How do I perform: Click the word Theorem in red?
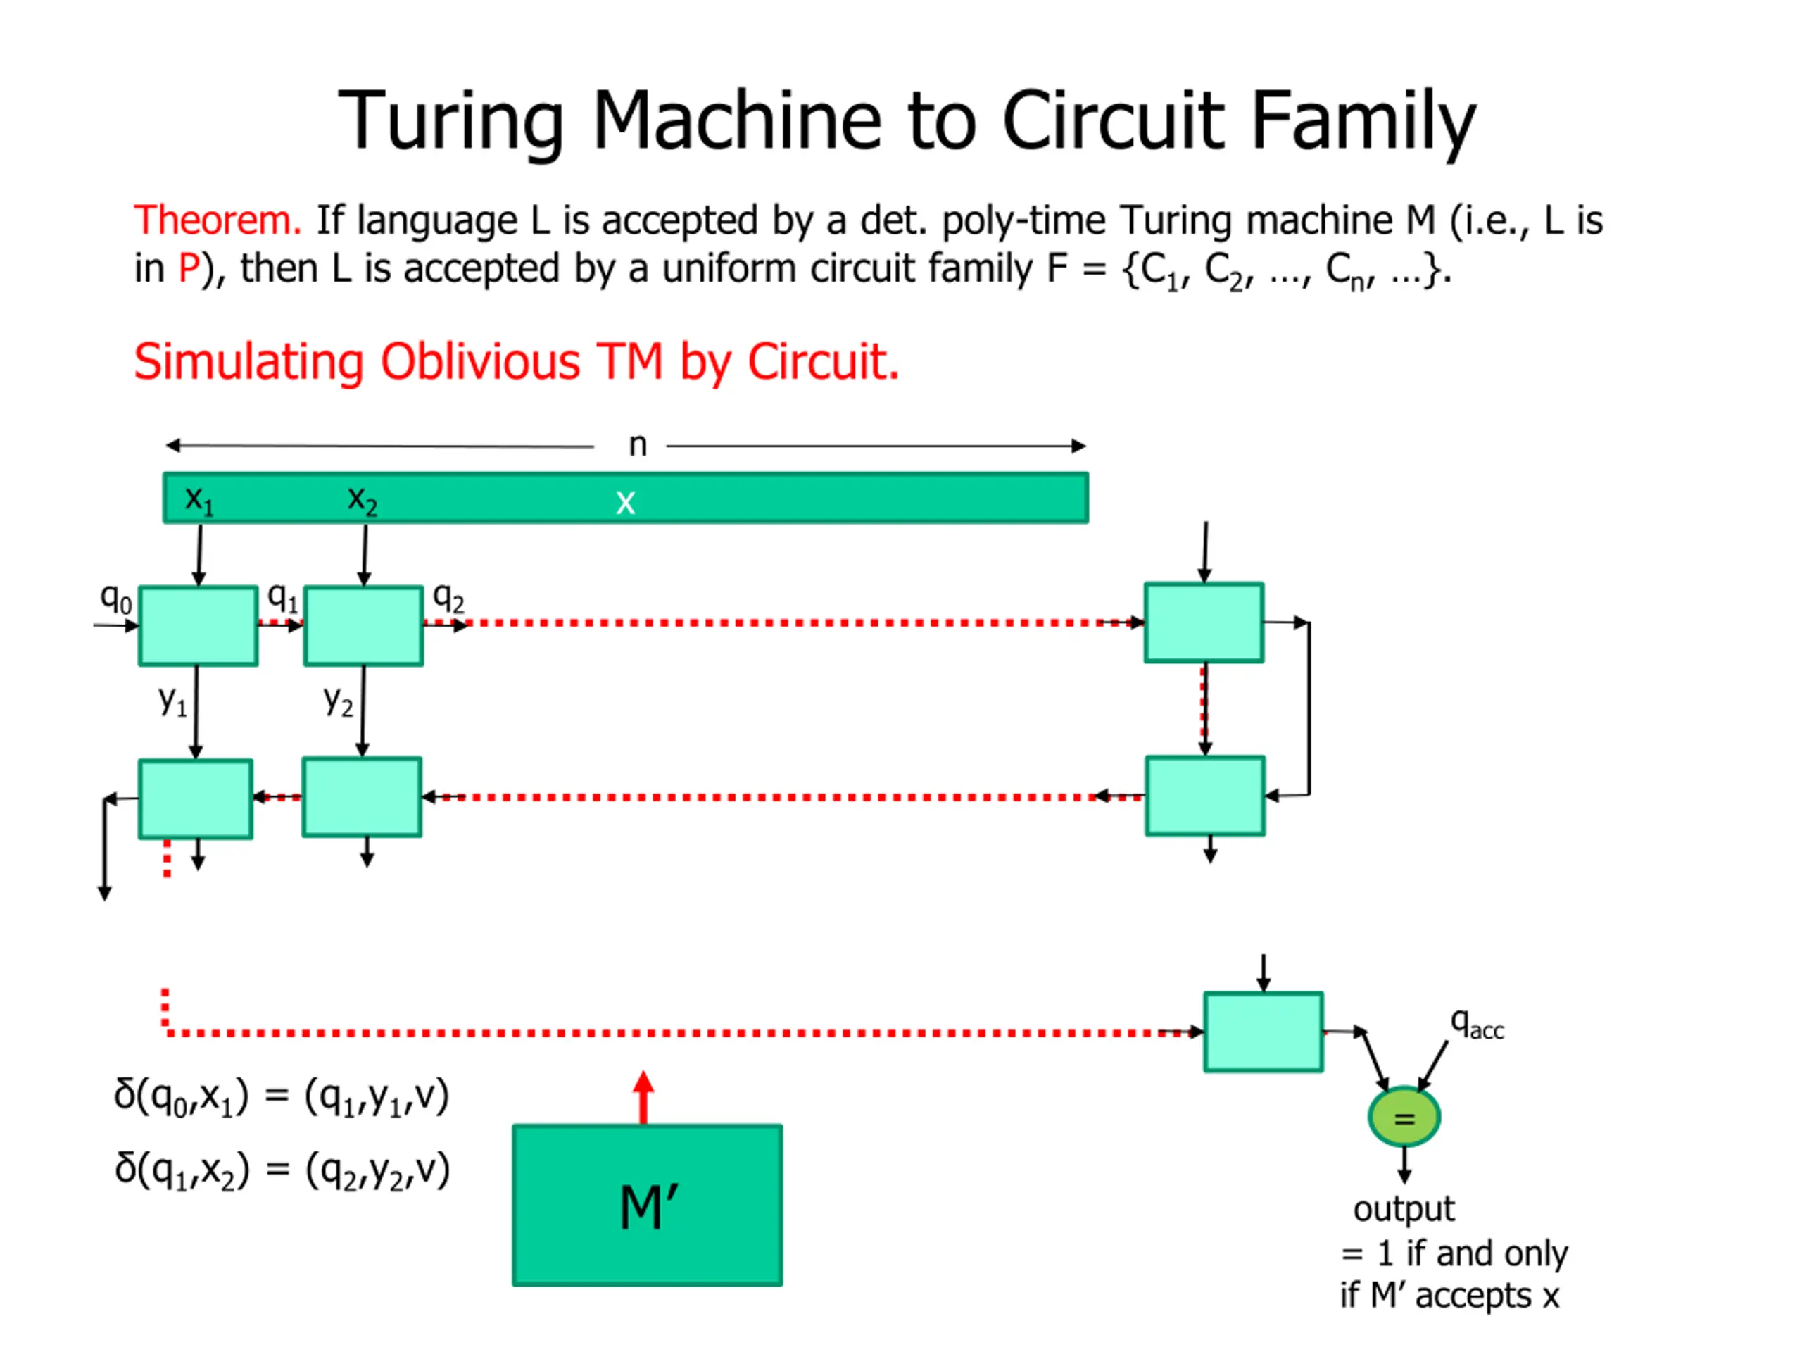218,221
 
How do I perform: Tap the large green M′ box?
647,1206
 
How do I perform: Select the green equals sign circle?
1404,1118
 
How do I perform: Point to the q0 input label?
115,599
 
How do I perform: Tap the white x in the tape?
625,502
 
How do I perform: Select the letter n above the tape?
638,445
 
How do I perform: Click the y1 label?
172,700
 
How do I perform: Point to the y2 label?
338,700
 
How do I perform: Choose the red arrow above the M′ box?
643,1097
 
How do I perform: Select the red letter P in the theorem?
189,269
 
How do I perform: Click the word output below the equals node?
1403,1208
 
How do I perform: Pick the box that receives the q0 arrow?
198,626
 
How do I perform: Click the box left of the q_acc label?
1263,1032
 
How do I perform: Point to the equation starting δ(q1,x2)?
282,1170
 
